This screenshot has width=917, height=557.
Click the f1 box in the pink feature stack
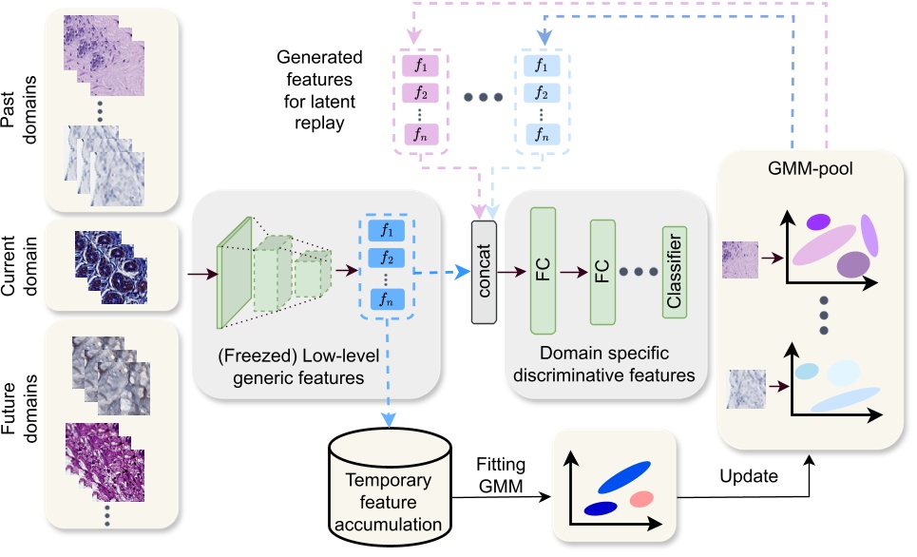418,66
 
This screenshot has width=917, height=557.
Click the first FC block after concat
543,272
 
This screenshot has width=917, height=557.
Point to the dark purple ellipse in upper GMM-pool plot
853,263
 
